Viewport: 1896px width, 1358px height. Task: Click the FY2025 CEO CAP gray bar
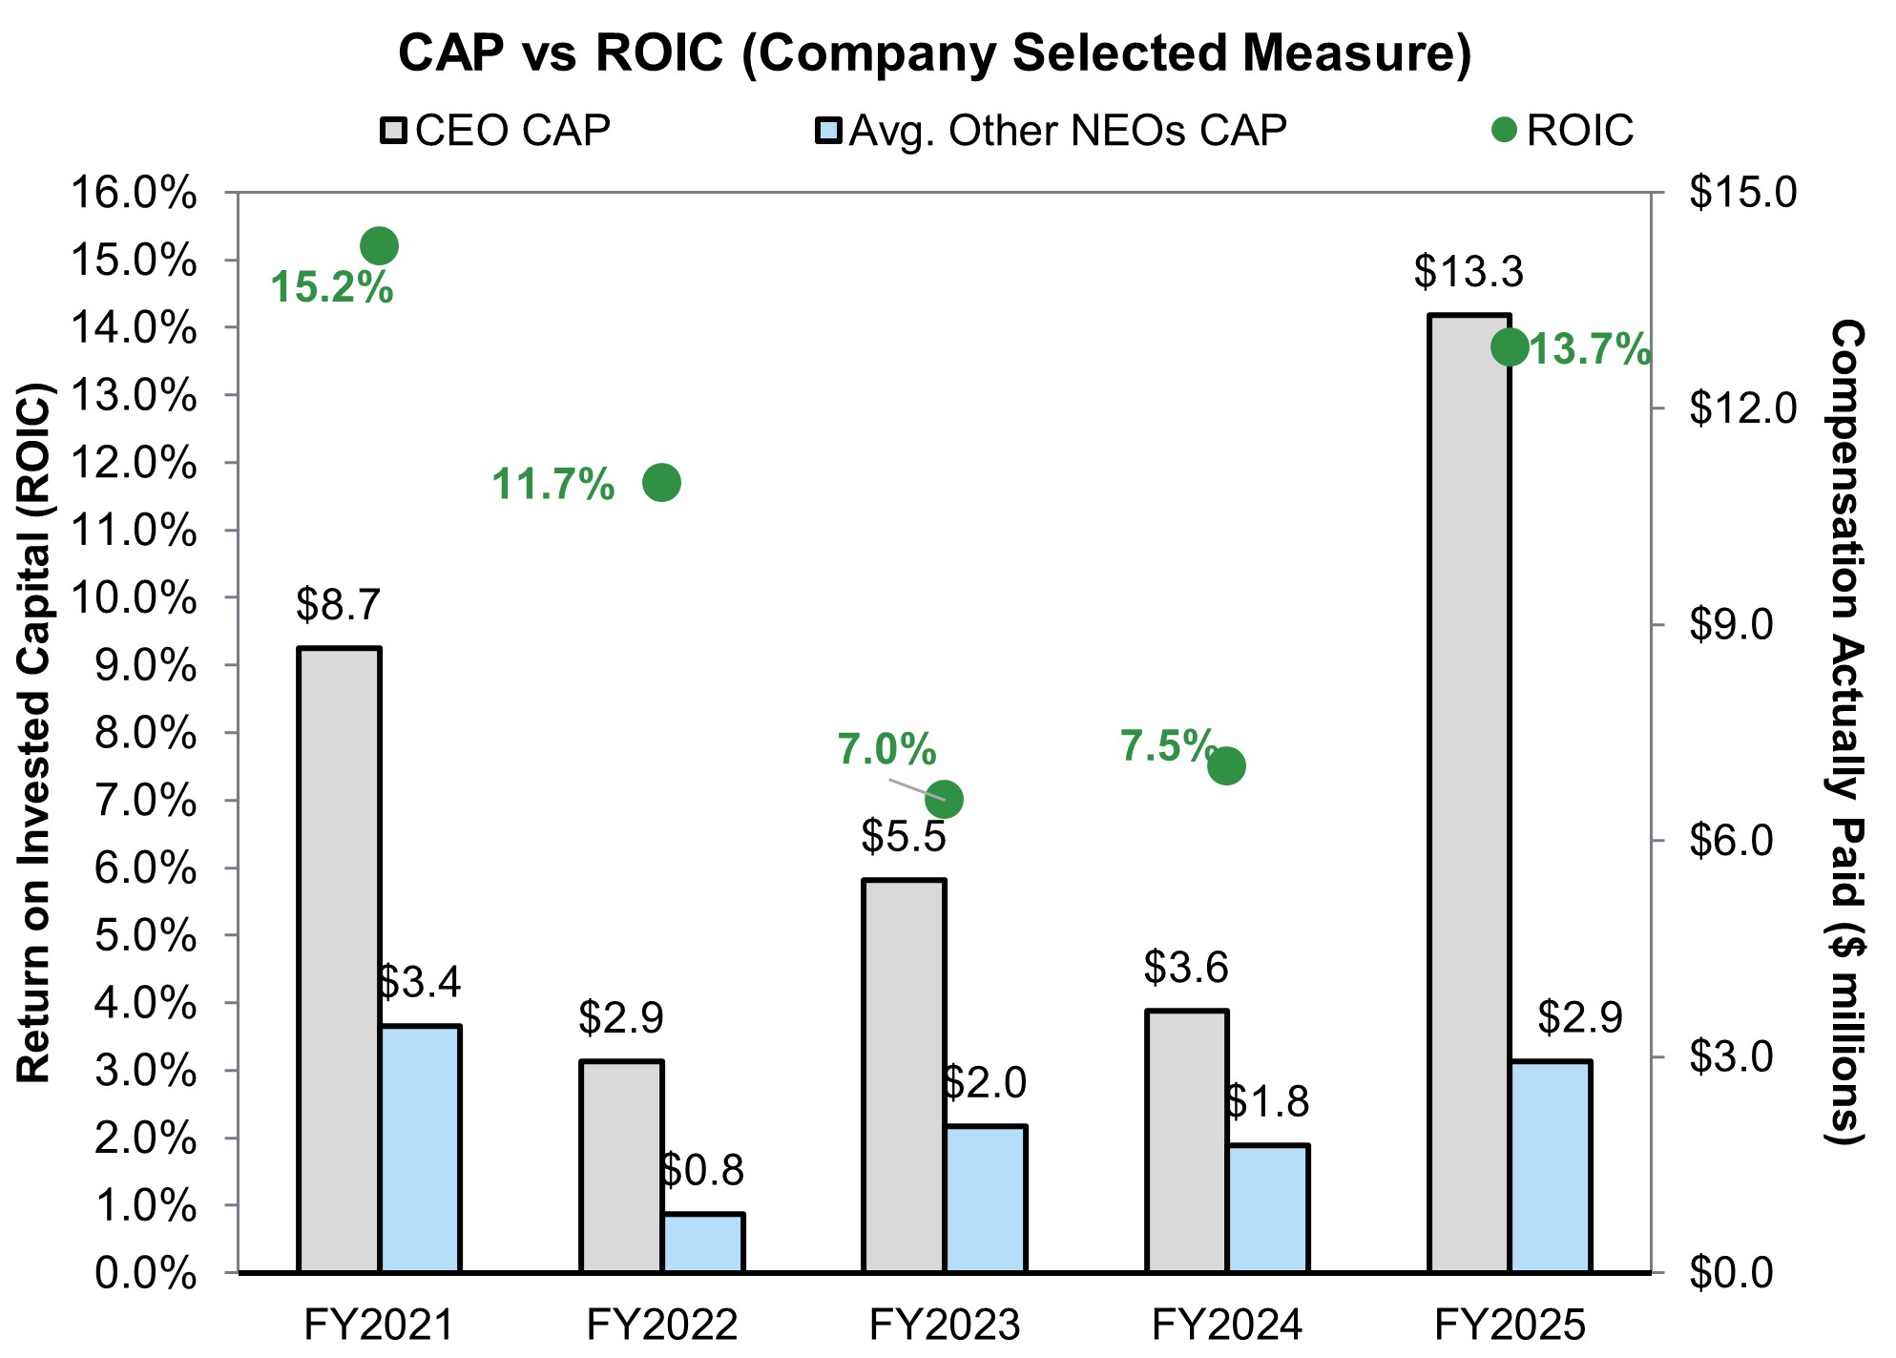[x=1469, y=792]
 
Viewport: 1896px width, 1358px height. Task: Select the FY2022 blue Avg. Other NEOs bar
[x=703, y=1243]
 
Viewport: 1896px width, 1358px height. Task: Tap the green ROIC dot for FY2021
[x=379, y=246]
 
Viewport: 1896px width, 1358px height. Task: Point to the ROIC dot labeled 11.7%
[x=661, y=483]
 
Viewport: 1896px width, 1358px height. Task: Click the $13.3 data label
[x=1469, y=272]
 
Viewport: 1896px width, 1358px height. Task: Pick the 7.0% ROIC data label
[x=886, y=750]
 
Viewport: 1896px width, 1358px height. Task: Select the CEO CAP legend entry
[x=496, y=131]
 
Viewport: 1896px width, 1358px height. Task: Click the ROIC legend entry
[x=1564, y=131]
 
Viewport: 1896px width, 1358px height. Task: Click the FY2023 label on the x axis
[x=944, y=1325]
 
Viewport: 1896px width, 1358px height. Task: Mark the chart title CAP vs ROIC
[x=935, y=52]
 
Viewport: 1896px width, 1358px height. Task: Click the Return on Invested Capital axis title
[x=34, y=732]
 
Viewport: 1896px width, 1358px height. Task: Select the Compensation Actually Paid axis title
[x=1846, y=732]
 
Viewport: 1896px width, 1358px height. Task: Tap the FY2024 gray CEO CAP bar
[x=1186, y=1140]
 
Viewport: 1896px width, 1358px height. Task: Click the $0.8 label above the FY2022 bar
[x=702, y=1171]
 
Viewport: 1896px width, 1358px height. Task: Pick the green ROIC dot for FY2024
[x=1226, y=765]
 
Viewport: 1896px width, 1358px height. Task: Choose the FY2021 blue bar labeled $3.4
[x=421, y=1148]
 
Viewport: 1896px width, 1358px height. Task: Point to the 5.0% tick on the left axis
[x=147, y=935]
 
